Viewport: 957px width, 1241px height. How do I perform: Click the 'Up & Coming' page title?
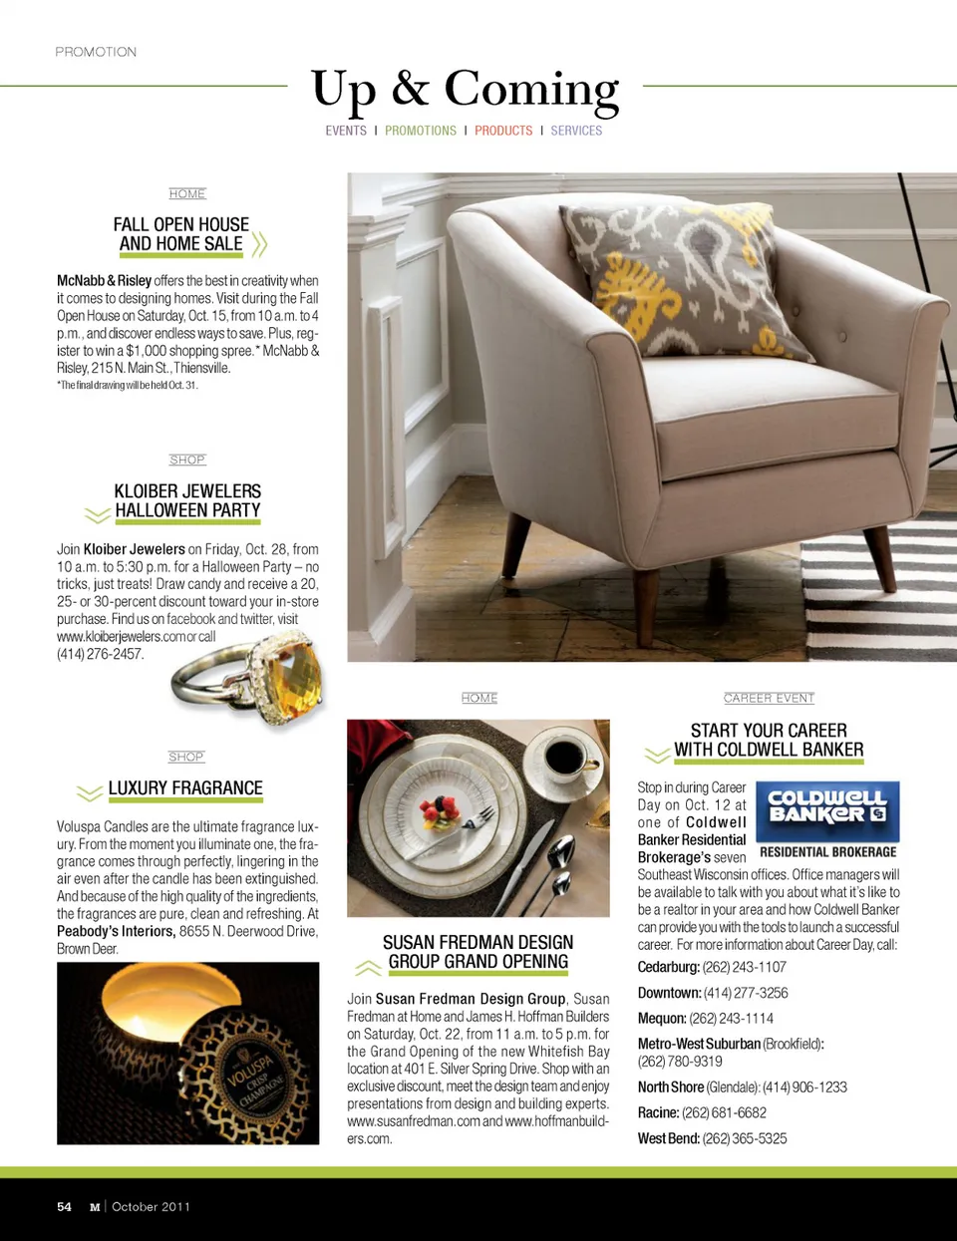tap(465, 90)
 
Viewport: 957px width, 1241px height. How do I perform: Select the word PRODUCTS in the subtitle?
tap(503, 131)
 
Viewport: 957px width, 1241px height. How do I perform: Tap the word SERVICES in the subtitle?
tap(576, 131)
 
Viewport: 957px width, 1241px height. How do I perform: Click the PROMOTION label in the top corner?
tap(96, 52)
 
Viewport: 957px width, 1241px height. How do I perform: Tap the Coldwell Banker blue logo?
tap(827, 811)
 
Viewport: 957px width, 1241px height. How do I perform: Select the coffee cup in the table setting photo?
tap(564, 759)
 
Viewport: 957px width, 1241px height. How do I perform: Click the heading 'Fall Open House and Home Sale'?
tap(181, 234)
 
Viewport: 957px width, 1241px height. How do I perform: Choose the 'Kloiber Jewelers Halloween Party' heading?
tap(187, 500)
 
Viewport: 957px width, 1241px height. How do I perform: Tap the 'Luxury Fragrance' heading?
tap(185, 788)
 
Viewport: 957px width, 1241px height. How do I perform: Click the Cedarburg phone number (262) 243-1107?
tap(744, 967)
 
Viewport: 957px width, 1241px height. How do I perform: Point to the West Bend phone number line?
tap(712, 1138)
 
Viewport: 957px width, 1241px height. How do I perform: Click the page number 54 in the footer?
tap(65, 1207)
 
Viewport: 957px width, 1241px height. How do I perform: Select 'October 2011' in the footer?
tap(151, 1207)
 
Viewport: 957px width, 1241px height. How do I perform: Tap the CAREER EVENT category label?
tap(769, 698)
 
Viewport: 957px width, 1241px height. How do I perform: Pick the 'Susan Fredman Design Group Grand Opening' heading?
tap(478, 952)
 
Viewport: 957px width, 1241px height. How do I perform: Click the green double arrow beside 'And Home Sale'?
tap(260, 244)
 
